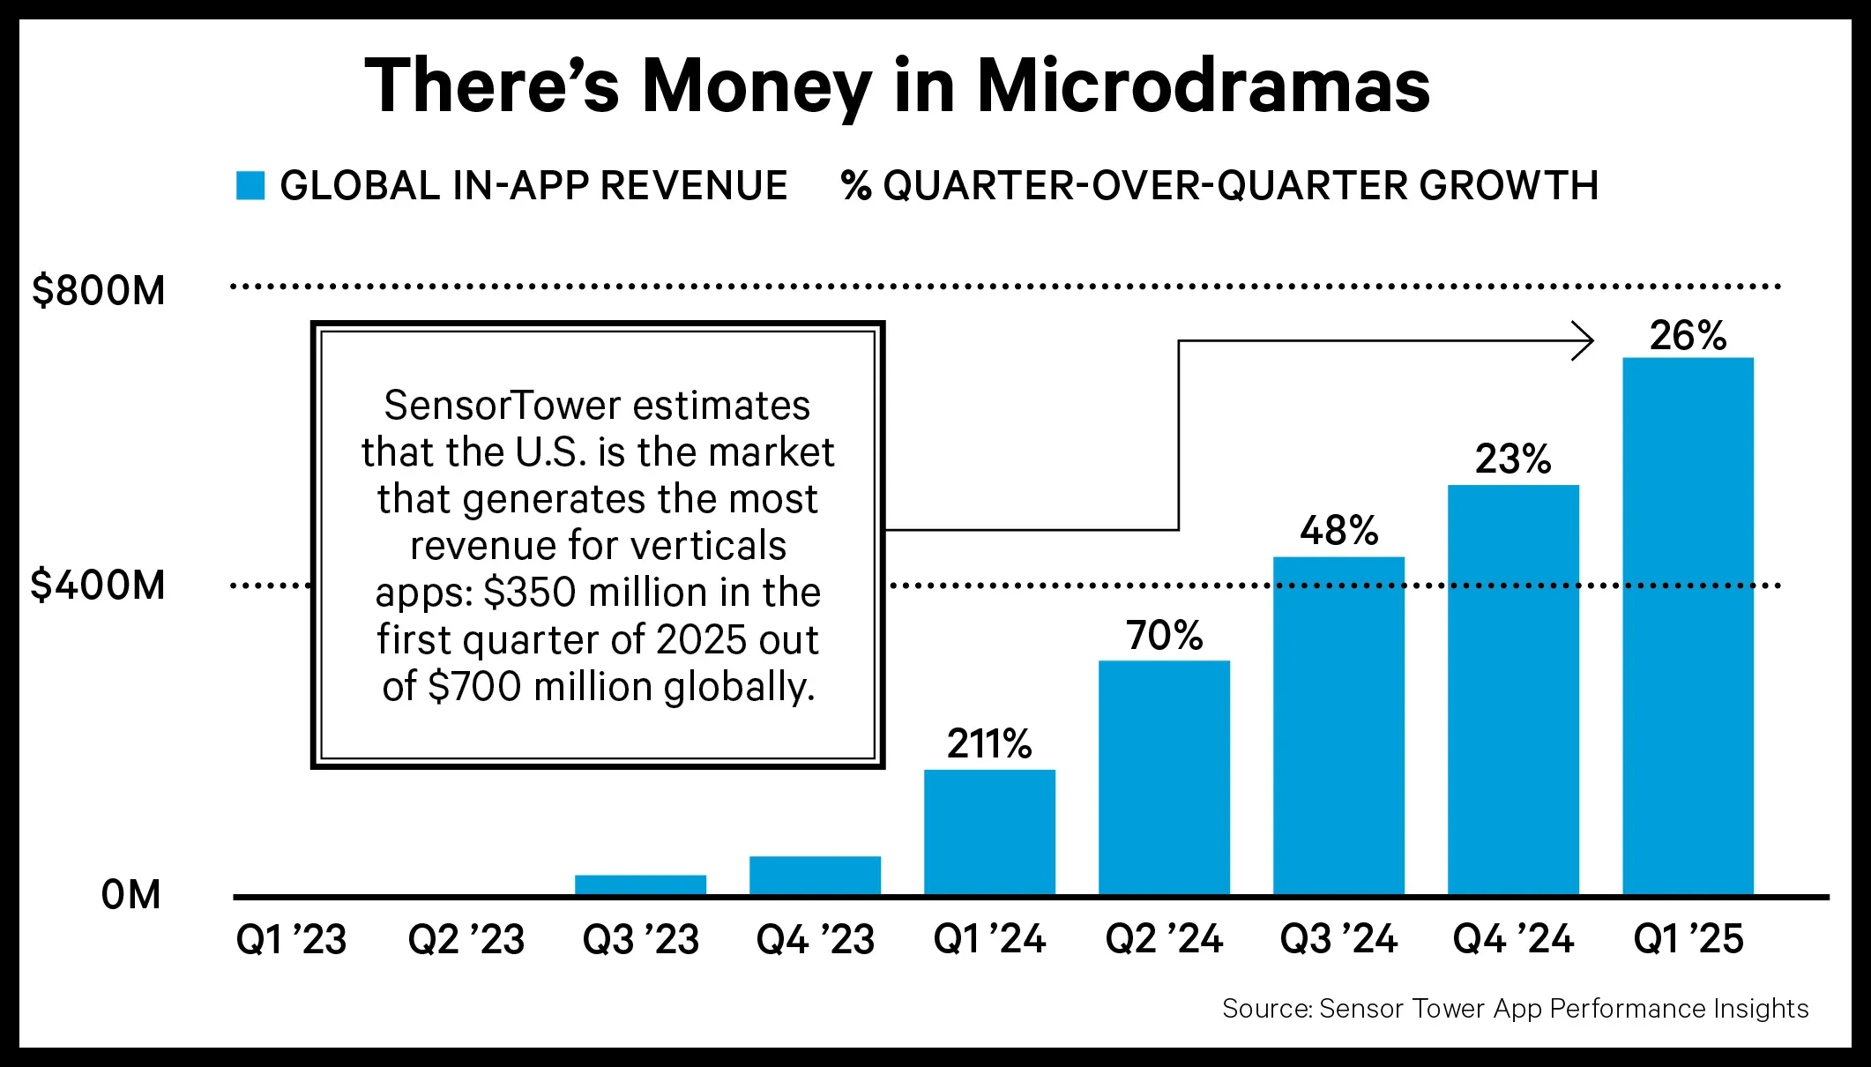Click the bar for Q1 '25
[1688, 626]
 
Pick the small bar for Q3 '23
[640, 885]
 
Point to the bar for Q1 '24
[989, 832]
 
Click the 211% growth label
[989, 743]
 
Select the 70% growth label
[1164, 635]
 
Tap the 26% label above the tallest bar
[1688, 335]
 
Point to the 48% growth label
[1338, 530]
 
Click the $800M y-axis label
[98, 290]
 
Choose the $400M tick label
[98, 585]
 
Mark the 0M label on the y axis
[130, 894]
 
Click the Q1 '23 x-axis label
[291, 939]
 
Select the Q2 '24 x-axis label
[1164, 939]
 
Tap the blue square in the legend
[250, 185]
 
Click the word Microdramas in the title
[1203, 86]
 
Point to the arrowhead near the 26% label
[1585, 340]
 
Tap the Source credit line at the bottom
[1515, 1008]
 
